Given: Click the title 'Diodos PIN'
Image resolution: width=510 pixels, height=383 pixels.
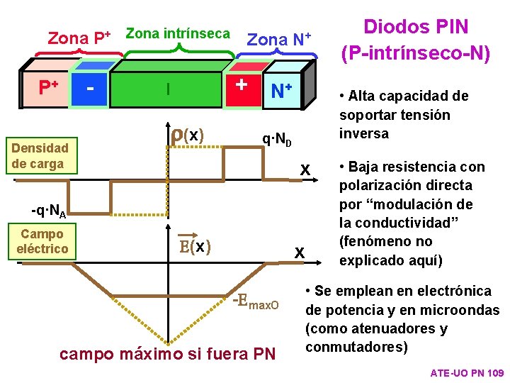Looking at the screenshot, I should (416, 28).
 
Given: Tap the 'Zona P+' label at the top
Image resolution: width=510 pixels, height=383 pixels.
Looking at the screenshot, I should (78, 38).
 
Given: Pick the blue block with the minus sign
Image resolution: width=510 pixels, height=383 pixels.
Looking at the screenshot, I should (90, 89).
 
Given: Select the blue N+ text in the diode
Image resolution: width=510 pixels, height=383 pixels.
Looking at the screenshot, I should (281, 91).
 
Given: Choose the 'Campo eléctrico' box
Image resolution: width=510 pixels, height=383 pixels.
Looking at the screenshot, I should (42, 241).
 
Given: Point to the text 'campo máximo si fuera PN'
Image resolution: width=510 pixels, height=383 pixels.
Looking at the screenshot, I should (168, 353).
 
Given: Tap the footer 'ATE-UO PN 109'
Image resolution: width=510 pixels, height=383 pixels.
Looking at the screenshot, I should (467, 372).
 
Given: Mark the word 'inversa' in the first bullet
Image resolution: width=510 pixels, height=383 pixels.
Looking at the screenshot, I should (364, 133).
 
